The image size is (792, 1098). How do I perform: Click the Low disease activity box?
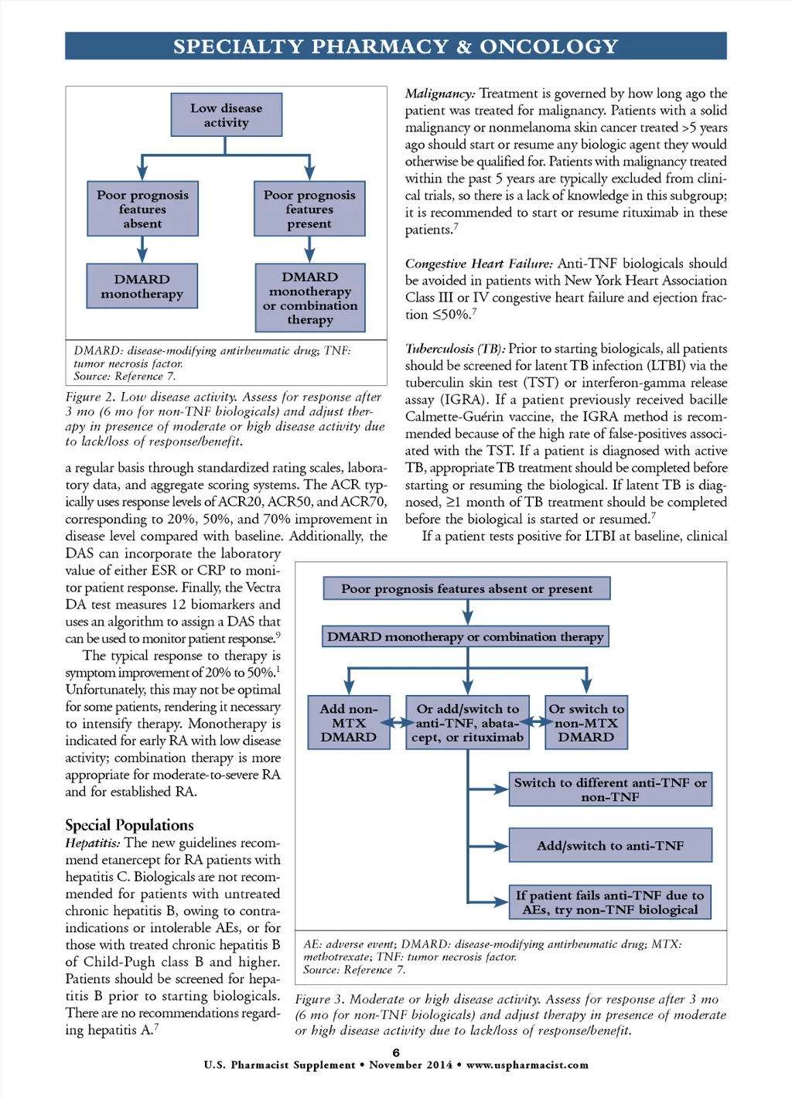[226, 115]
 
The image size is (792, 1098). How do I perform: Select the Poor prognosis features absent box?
[142, 209]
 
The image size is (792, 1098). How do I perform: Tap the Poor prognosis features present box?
[309, 209]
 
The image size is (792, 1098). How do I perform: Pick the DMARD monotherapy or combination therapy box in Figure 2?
[310, 298]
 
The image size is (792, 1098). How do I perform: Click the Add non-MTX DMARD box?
[349, 722]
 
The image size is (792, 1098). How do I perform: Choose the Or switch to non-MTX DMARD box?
[586, 722]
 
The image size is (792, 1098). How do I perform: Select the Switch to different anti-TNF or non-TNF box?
[610, 789]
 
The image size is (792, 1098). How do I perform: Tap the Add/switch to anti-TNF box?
[610, 845]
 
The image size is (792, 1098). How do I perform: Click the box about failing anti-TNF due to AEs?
[610, 902]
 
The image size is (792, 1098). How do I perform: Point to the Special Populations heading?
[129, 824]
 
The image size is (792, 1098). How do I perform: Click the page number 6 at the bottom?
[396, 1052]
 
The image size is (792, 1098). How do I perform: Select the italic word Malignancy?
[440, 94]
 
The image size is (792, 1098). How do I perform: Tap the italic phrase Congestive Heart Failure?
[479, 264]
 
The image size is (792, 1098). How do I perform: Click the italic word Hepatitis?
[92, 843]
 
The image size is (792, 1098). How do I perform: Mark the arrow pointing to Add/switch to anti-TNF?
[490, 846]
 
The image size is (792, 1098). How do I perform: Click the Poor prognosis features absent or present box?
[466, 588]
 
